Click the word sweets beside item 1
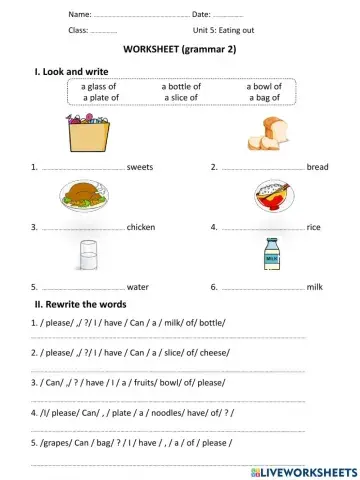(x=140, y=167)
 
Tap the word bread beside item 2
(x=317, y=167)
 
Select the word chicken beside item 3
(x=141, y=227)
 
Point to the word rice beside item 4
(x=314, y=227)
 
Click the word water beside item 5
(x=138, y=287)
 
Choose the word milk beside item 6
(x=315, y=287)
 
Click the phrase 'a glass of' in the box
(x=99, y=87)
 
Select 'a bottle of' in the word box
(x=181, y=87)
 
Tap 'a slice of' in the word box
(x=180, y=98)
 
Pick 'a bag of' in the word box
(x=265, y=98)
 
